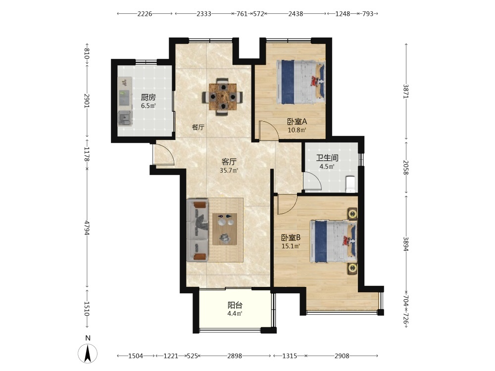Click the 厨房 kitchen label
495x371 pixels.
coord(148,97)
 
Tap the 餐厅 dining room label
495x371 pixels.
coord(198,128)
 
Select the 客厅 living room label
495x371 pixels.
coord(229,162)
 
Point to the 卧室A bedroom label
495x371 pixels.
coord(297,122)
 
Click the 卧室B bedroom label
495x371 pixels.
coord(291,237)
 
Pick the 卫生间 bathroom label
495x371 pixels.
coord(327,158)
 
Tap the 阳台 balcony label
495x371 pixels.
coord(235,305)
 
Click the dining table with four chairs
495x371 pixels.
coord(223,96)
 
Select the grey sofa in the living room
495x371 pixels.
coord(198,231)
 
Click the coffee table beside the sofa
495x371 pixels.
coord(225,229)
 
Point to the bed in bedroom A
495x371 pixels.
coord(300,82)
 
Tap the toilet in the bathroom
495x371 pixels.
coord(351,184)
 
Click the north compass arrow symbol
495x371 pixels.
coord(88,353)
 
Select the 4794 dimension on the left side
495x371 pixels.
coord(88,228)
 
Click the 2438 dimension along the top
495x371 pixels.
coord(296,13)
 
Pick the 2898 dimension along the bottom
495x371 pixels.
coord(235,356)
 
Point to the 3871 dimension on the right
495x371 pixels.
coord(406,91)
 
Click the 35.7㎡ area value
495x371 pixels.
coord(229,171)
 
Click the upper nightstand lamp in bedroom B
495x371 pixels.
coord(352,214)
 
